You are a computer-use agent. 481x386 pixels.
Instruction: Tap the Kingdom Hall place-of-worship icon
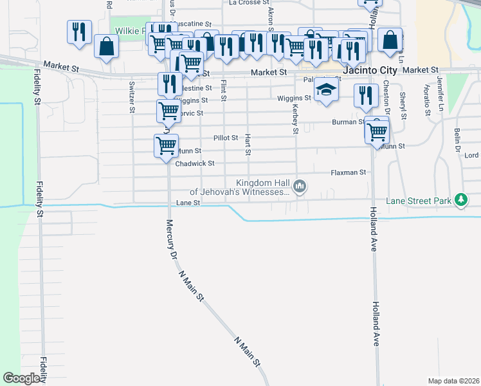click(x=299, y=187)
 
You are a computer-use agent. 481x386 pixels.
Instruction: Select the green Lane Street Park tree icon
click(x=460, y=201)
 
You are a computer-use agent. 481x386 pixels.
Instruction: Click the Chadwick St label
click(x=194, y=163)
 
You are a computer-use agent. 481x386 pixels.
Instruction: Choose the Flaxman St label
click(x=348, y=172)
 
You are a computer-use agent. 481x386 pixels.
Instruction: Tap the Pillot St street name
click(x=226, y=138)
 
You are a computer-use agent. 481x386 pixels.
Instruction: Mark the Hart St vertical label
click(x=248, y=145)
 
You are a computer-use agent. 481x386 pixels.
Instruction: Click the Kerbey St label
click(x=296, y=120)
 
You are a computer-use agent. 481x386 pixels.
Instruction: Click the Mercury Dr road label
click(x=171, y=239)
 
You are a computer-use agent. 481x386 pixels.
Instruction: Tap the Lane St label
click(x=188, y=203)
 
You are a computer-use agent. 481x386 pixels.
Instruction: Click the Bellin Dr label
click(x=457, y=138)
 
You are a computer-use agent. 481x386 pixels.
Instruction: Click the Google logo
click(x=22, y=378)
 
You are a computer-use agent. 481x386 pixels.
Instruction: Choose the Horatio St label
click(x=427, y=100)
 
